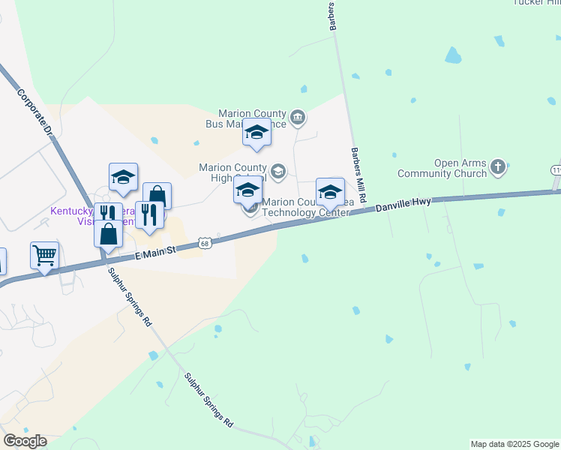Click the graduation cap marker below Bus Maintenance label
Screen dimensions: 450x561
click(256, 133)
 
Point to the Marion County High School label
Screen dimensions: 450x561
click(232, 172)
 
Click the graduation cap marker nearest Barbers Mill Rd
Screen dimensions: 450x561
click(330, 192)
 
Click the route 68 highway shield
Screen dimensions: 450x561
click(204, 243)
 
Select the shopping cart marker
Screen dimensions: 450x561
click(44, 256)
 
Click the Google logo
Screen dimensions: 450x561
click(25, 441)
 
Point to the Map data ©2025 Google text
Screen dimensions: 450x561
click(514, 444)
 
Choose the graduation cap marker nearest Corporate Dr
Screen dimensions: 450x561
click(123, 177)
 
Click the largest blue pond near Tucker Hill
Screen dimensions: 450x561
click(452, 55)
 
